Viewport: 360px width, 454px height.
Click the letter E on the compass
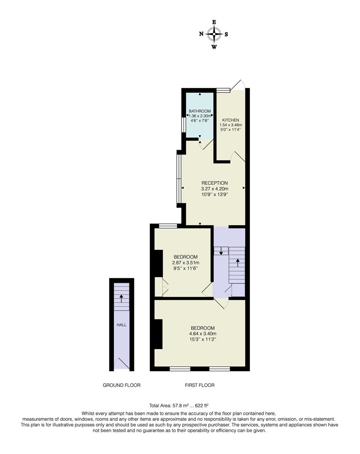[214, 22]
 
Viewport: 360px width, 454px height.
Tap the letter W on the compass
[214, 47]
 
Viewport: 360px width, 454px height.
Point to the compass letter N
[201, 34]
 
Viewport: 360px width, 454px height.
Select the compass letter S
[226, 34]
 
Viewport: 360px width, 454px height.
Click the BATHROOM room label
[200, 111]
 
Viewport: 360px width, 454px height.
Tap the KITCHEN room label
[231, 120]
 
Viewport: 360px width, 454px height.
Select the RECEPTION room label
[215, 183]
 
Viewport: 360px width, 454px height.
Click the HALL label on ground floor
[121, 325]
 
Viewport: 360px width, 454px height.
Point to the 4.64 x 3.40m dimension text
[203, 333]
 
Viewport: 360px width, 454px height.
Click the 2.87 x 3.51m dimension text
[186, 263]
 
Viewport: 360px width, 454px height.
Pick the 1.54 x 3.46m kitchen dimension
[231, 125]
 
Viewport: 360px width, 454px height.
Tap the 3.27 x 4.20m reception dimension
[215, 189]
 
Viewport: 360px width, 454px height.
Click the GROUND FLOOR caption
[121, 385]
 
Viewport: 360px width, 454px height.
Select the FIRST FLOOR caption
[200, 385]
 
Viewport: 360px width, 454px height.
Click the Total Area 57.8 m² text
[169, 405]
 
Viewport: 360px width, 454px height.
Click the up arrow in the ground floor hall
[121, 298]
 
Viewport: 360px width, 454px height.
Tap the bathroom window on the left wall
[184, 125]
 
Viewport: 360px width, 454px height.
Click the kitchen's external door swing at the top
[239, 84]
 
